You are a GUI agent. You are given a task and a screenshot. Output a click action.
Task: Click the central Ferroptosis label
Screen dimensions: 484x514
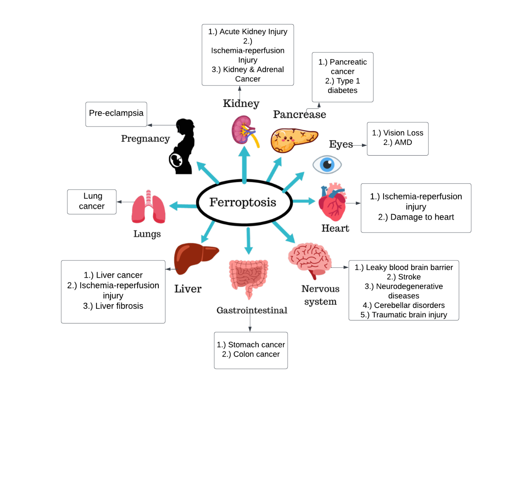(243, 202)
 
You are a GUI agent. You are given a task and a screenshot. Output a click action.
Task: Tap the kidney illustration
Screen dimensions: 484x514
(244, 130)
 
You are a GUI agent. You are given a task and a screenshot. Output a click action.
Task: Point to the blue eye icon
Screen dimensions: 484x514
(327, 164)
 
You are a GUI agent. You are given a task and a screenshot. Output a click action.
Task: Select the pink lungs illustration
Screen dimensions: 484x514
(148, 207)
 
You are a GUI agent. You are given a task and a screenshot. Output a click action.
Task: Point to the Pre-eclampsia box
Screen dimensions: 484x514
(116, 113)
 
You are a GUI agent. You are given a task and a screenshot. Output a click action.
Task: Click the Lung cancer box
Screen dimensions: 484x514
(92, 201)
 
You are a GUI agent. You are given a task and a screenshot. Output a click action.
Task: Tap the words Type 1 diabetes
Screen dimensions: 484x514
(342, 86)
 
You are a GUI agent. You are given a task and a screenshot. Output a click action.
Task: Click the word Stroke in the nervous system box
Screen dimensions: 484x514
(409, 277)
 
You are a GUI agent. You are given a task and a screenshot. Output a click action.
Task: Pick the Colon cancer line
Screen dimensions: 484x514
(256, 354)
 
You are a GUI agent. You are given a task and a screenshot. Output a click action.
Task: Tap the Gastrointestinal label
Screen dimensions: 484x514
(252, 310)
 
